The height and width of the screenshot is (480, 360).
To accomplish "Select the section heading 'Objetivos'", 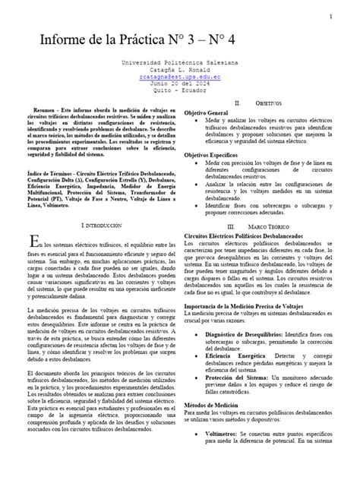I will click(268, 102).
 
